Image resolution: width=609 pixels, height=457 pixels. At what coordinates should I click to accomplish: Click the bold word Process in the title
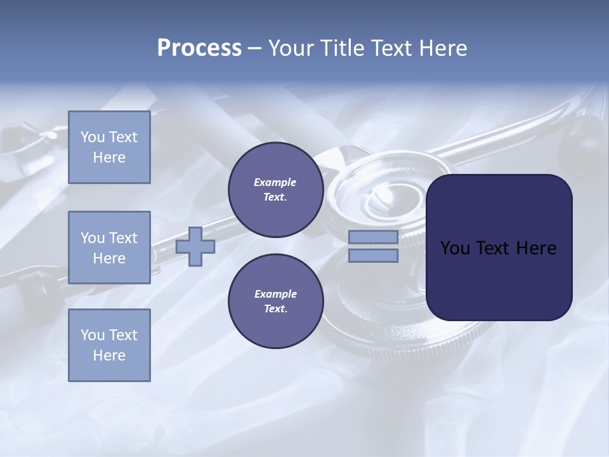pyautogui.click(x=199, y=48)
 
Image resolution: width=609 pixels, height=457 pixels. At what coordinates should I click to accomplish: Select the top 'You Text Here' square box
pyautogui.click(x=109, y=147)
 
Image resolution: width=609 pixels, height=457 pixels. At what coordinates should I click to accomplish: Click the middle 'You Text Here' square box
pyautogui.click(x=109, y=248)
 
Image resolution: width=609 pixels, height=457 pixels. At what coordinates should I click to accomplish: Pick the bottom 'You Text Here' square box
pyautogui.click(x=109, y=345)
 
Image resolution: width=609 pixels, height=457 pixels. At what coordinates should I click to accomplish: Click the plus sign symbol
pyautogui.click(x=195, y=247)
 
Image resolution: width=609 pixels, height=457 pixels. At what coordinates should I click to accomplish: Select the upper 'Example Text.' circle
pyautogui.click(x=275, y=190)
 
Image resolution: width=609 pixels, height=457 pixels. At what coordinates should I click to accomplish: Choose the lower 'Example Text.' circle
pyautogui.click(x=275, y=301)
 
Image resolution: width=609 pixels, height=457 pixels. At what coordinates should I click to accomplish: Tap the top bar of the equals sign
pyautogui.click(x=373, y=237)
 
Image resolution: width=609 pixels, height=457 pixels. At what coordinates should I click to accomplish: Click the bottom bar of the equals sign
pyautogui.click(x=373, y=256)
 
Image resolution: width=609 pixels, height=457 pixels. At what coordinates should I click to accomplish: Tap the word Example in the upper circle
pyautogui.click(x=275, y=183)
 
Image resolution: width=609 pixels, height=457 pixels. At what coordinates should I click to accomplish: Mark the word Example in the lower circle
pyautogui.click(x=275, y=295)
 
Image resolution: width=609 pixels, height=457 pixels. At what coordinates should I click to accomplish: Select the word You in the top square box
pyautogui.click(x=93, y=137)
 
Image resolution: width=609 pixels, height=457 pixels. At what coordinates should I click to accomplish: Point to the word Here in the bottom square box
pyautogui.click(x=109, y=356)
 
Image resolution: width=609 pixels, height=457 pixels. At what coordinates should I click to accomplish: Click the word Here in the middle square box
pyautogui.click(x=109, y=258)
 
